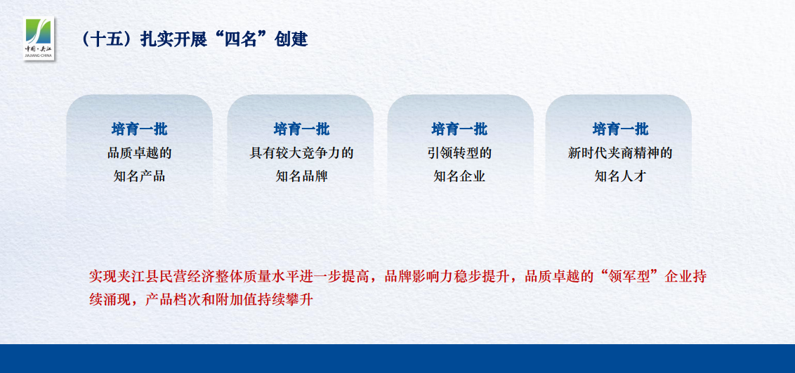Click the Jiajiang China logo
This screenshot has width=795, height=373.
click(39, 38)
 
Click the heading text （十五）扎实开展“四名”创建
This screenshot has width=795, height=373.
click(194, 39)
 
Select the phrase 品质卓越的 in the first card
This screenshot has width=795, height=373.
click(140, 153)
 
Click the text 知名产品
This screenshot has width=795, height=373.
click(140, 176)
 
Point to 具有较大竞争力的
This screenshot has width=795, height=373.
click(301, 153)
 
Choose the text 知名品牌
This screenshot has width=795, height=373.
click(301, 176)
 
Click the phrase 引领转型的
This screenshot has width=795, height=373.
click(459, 153)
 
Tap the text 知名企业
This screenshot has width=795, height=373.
click(459, 176)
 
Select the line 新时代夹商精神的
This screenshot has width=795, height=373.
click(620, 153)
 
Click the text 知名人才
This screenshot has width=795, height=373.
click(620, 176)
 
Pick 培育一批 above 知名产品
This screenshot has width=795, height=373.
click(140, 129)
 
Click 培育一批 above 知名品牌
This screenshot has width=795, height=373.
click(301, 129)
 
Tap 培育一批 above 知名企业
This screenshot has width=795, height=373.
click(459, 129)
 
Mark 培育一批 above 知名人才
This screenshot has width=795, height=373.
click(620, 129)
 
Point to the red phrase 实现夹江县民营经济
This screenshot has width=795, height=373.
click(152, 277)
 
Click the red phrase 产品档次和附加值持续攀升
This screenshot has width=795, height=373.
click(229, 299)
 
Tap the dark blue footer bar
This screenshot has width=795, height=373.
click(397, 359)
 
